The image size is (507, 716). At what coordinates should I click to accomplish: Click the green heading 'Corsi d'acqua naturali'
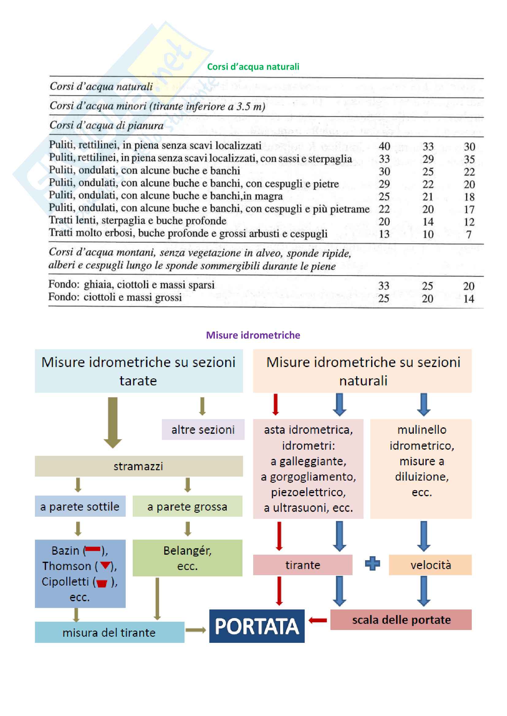(253, 67)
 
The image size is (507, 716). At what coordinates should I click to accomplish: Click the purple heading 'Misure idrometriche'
(253, 335)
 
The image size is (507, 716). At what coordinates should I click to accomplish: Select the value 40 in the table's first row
(384, 146)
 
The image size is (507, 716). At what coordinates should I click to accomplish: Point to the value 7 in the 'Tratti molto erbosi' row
(469, 234)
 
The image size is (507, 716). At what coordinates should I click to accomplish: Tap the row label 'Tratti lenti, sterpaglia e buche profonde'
(137, 221)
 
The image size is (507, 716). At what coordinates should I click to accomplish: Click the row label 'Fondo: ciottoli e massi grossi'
(115, 297)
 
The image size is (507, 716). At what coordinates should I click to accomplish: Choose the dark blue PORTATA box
(257, 626)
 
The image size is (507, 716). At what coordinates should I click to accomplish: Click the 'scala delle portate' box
(401, 620)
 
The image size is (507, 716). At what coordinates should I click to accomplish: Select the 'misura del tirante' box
(109, 632)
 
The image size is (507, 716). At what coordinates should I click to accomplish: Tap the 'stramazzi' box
(139, 466)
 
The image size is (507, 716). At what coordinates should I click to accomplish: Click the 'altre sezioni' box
(203, 430)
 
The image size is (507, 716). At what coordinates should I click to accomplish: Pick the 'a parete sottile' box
(80, 506)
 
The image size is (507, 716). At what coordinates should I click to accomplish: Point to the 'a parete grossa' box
(187, 506)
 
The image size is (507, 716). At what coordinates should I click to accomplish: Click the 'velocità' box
(430, 565)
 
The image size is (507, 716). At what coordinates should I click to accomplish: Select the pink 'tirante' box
(303, 565)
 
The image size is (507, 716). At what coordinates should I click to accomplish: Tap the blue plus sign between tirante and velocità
(372, 564)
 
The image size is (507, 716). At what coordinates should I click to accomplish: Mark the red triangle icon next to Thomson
(105, 565)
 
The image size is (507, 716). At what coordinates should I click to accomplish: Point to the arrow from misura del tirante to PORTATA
(196, 630)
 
